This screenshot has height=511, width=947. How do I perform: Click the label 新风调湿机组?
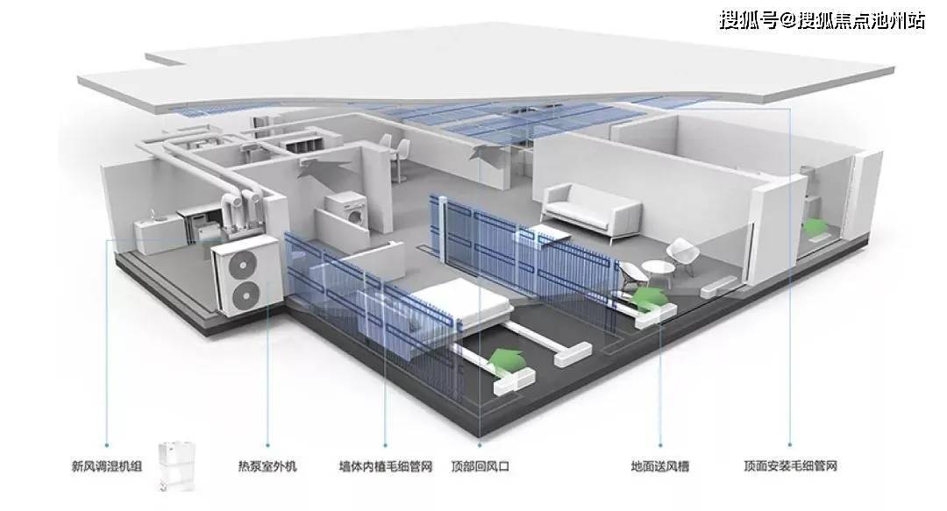[x=107, y=466]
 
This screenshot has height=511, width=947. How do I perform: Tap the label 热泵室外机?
[x=267, y=466]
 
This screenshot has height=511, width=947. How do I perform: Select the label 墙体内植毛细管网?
[x=386, y=466]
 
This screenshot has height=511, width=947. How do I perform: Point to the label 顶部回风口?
[x=481, y=466]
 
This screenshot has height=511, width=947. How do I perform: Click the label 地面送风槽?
[x=660, y=466]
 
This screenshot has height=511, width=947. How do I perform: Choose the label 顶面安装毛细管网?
[x=791, y=466]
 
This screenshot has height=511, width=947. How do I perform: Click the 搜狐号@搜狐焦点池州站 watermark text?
[x=822, y=20]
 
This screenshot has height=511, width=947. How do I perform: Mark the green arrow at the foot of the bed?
[x=508, y=359]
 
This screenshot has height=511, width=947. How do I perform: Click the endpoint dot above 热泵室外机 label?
[x=267, y=444]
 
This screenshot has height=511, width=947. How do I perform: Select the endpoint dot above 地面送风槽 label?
[x=660, y=444]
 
